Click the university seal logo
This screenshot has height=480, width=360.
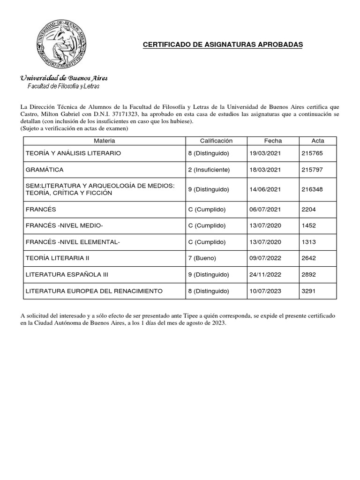(62, 43)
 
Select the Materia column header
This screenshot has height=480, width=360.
(104, 141)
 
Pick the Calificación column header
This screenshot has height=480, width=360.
(216, 141)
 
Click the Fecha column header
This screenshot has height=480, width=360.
(273, 141)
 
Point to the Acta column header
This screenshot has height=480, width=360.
(317, 141)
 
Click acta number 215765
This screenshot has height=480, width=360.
(313, 153)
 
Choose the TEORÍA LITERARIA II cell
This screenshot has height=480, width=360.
(57, 258)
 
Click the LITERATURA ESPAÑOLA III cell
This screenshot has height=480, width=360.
(67, 275)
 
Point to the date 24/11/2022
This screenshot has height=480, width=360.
(265, 275)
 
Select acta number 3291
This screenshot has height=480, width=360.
(309, 291)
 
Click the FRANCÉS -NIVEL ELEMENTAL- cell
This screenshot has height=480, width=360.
(73, 242)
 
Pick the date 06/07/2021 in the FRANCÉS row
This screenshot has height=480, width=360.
(265, 210)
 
